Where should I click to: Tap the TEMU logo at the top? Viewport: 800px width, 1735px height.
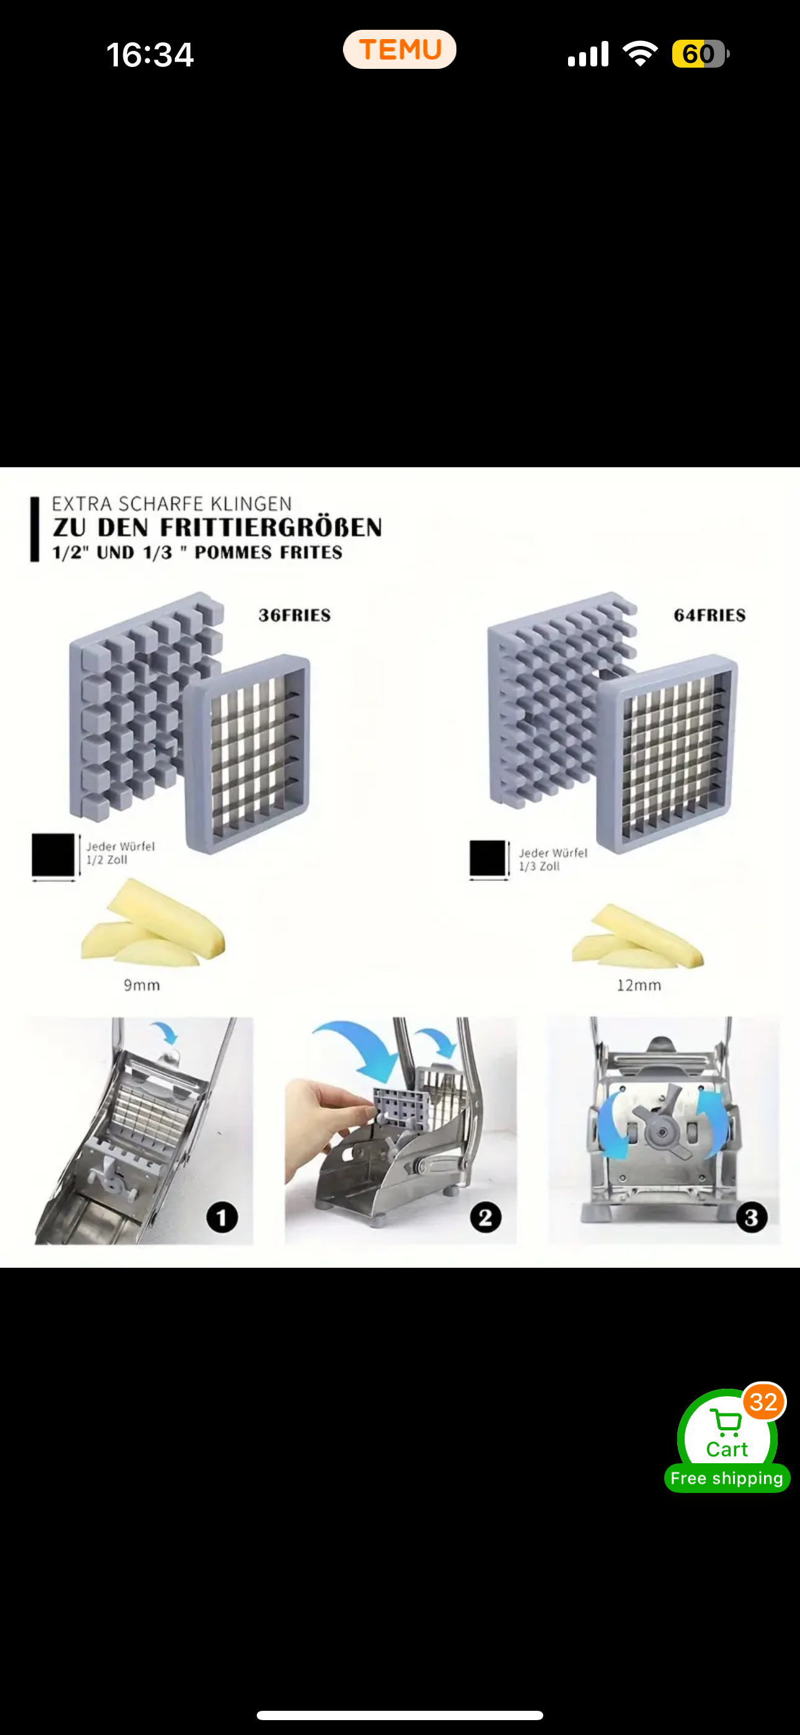(x=399, y=50)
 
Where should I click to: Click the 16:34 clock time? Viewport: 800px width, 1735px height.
(x=149, y=55)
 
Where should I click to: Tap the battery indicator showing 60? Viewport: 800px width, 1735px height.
(x=699, y=54)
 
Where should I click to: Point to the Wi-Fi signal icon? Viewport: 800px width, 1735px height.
(x=640, y=53)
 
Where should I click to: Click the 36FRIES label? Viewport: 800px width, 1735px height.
(x=295, y=615)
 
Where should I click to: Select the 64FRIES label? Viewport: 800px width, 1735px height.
(x=709, y=615)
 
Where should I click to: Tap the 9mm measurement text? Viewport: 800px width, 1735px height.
(x=141, y=985)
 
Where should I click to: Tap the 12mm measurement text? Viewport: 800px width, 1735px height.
(x=638, y=985)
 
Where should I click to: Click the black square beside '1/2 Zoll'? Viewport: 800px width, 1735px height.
(x=53, y=854)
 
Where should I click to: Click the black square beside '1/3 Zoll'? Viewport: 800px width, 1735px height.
(x=487, y=858)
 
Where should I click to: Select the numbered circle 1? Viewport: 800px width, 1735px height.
(x=221, y=1217)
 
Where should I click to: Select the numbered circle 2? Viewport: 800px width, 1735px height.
(x=486, y=1217)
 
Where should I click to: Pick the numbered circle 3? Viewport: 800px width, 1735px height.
(x=752, y=1217)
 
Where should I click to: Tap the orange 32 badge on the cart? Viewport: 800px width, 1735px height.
(x=763, y=1402)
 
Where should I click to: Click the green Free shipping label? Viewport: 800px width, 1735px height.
(x=727, y=1477)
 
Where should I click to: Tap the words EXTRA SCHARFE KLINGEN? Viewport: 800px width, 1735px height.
(x=172, y=504)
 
